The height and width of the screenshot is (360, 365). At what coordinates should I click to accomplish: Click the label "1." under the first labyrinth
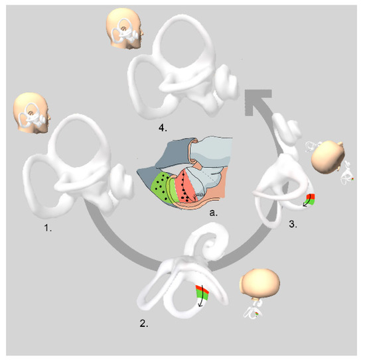click(48, 228)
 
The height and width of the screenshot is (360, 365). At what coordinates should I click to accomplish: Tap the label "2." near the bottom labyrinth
click(143, 324)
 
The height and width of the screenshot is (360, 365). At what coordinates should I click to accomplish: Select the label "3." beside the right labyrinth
click(293, 224)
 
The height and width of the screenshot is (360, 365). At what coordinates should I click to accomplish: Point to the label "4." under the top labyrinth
click(163, 128)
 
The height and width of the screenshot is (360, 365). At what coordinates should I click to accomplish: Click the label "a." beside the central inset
click(213, 213)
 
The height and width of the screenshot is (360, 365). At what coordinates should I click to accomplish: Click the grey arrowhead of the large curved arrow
click(258, 102)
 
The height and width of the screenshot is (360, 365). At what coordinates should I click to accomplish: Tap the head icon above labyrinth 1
click(32, 113)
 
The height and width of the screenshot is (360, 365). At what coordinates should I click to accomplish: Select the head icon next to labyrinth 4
click(125, 28)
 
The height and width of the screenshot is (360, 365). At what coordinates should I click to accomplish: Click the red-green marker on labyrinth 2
click(202, 291)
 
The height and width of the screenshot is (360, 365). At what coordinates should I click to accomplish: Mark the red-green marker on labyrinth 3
click(311, 200)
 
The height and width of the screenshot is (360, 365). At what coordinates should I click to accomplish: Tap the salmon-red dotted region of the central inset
click(186, 187)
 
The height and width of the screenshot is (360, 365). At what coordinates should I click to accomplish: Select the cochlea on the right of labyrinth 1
click(121, 182)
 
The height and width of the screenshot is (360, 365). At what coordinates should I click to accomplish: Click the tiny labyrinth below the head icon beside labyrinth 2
click(253, 310)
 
